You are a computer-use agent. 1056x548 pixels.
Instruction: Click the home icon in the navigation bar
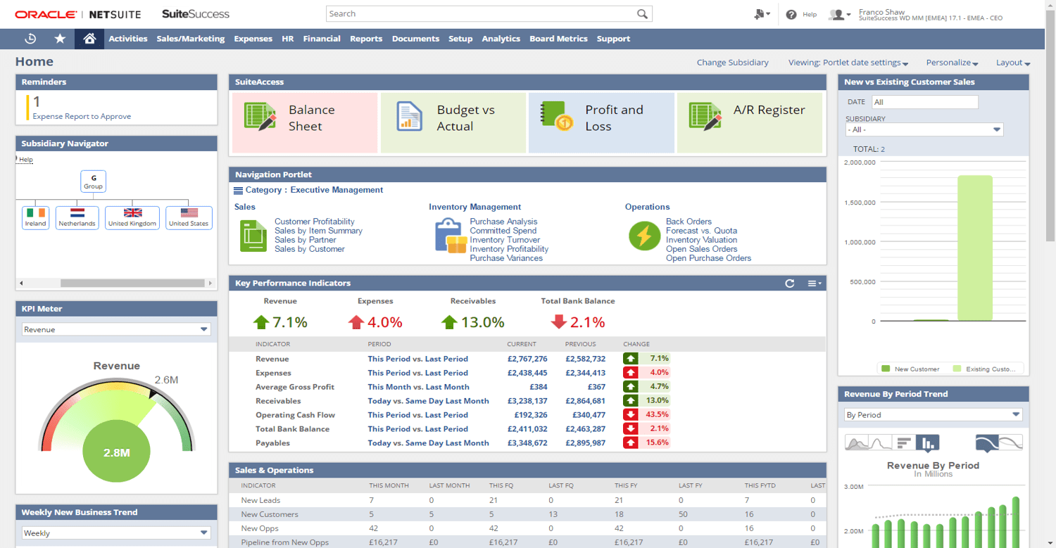click(89, 39)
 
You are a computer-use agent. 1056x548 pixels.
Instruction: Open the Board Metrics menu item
click(558, 39)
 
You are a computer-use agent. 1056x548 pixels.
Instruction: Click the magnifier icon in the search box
click(642, 14)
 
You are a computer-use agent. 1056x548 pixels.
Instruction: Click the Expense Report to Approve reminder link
click(82, 117)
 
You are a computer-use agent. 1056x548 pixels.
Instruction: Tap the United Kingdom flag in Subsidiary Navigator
click(132, 212)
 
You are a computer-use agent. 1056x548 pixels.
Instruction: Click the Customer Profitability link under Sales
click(314, 222)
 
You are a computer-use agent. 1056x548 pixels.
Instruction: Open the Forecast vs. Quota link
click(701, 231)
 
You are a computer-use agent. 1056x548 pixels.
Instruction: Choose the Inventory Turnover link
click(505, 240)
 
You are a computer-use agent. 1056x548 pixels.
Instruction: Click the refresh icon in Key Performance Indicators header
click(790, 283)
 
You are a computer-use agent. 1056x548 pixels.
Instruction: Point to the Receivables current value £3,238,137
click(527, 401)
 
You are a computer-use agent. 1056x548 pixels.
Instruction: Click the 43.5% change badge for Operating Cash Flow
click(646, 415)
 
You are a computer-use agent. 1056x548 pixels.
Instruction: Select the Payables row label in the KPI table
click(272, 443)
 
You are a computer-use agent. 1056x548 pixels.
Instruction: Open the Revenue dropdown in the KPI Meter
click(116, 329)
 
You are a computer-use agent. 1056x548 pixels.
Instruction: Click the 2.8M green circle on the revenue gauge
click(116, 452)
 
